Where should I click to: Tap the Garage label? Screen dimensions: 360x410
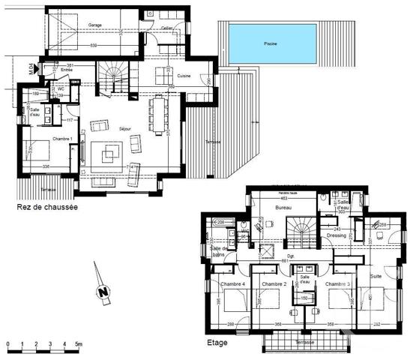[x=94, y=25]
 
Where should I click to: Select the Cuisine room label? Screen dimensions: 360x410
[x=184, y=76]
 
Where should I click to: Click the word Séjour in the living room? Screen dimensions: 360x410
[x=125, y=129]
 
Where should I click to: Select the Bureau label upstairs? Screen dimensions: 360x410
[x=283, y=207]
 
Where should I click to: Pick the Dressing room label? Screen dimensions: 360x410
[x=337, y=235]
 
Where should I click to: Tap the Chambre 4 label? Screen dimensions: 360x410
[x=232, y=285]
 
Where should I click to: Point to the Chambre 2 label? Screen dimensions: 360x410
[x=275, y=285]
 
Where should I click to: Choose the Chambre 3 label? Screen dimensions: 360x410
[x=339, y=285]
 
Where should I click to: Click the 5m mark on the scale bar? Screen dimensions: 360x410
[x=78, y=344]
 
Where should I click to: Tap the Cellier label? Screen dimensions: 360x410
[x=166, y=28]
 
